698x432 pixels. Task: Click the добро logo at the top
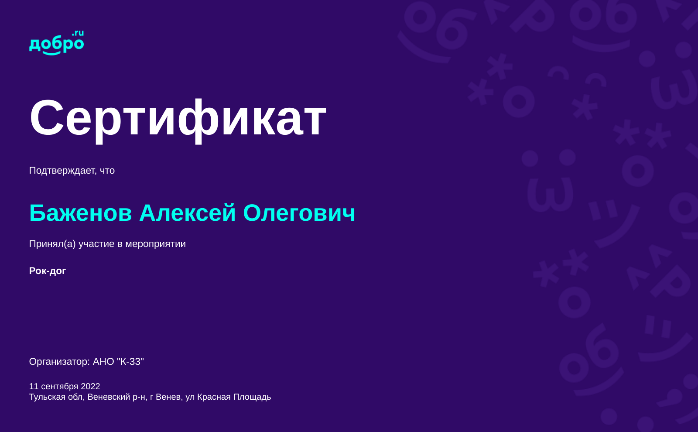56,43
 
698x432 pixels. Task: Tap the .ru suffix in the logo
78,33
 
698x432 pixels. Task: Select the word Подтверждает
63,171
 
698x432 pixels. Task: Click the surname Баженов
80,213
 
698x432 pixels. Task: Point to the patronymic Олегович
299,213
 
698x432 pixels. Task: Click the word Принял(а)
52,244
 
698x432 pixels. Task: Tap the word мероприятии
155,244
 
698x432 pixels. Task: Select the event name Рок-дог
48,271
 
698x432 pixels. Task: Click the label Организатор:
59,362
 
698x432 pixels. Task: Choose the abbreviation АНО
103,362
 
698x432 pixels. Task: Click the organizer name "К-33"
130,361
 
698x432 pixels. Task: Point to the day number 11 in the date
34,387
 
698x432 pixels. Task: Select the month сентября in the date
59,387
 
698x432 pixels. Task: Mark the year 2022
90,387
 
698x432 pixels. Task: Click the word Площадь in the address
252,397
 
